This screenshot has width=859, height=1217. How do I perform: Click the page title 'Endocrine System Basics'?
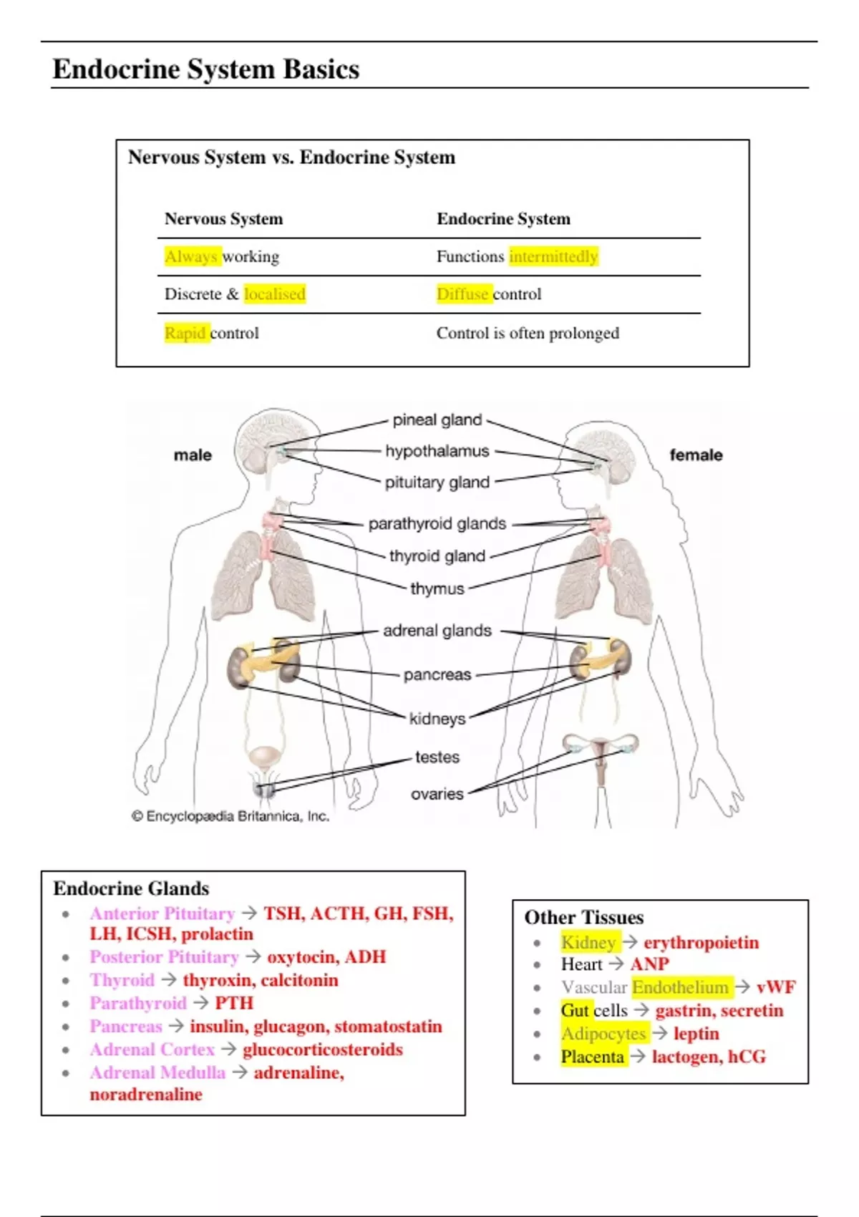click(x=206, y=69)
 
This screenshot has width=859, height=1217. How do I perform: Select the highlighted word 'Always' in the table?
click(x=190, y=256)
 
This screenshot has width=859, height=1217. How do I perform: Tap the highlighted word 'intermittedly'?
click(x=553, y=256)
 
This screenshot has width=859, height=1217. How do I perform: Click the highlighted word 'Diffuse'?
click(x=462, y=294)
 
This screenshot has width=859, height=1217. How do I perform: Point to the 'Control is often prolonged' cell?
click(x=528, y=333)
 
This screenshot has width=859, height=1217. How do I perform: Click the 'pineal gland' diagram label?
click(x=437, y=420)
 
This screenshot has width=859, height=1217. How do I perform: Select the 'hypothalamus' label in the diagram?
click(x=437, y=451)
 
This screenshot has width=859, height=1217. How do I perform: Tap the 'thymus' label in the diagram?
click(x=437, y=588)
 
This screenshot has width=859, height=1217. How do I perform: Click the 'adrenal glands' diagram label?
click(x=437, y=631)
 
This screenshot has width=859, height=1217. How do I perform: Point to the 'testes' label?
click(x=437, y=757)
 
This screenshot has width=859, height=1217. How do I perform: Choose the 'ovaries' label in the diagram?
click(x=437, y=794)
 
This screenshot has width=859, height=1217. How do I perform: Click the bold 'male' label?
click(x=193, y=455)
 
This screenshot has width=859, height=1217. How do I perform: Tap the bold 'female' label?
click(x=696, y=455)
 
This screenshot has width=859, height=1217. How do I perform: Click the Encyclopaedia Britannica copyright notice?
click(x=230, y=816)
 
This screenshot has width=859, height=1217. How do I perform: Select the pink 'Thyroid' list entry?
click(x=122, y=980)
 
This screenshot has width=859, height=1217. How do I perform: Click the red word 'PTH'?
click(x=234, y=1003)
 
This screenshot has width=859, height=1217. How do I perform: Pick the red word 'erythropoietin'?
click(x=701, y=942)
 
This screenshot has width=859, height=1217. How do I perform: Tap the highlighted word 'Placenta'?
click(x=593, y=1057)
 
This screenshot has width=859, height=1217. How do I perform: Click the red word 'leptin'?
click(x=696, y=1034)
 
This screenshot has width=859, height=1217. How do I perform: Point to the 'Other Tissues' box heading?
click(x=584, y=917)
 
